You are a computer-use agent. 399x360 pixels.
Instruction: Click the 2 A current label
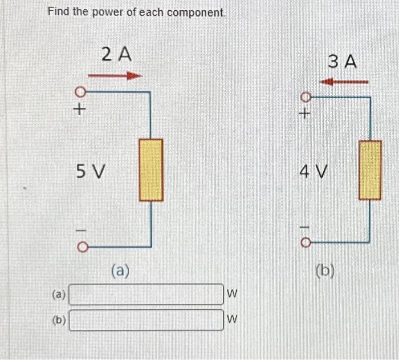tap(116, 55)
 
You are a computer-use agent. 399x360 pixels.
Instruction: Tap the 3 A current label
tap(343, 62)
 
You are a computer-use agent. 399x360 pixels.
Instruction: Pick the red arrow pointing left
tap(343, 82)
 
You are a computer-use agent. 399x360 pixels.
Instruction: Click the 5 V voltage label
tap(91, 170)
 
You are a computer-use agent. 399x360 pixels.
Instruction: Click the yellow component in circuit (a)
tap(151, 170)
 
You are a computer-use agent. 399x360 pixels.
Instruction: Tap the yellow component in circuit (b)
tap(370, 170)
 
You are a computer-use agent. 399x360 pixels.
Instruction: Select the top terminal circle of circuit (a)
tap(81, 91)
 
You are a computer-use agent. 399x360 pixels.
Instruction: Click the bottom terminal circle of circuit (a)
tap(81, 247)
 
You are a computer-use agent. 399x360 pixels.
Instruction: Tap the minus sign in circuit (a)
tap(81, 231)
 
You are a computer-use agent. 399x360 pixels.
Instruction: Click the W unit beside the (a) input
tap(231, 294)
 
